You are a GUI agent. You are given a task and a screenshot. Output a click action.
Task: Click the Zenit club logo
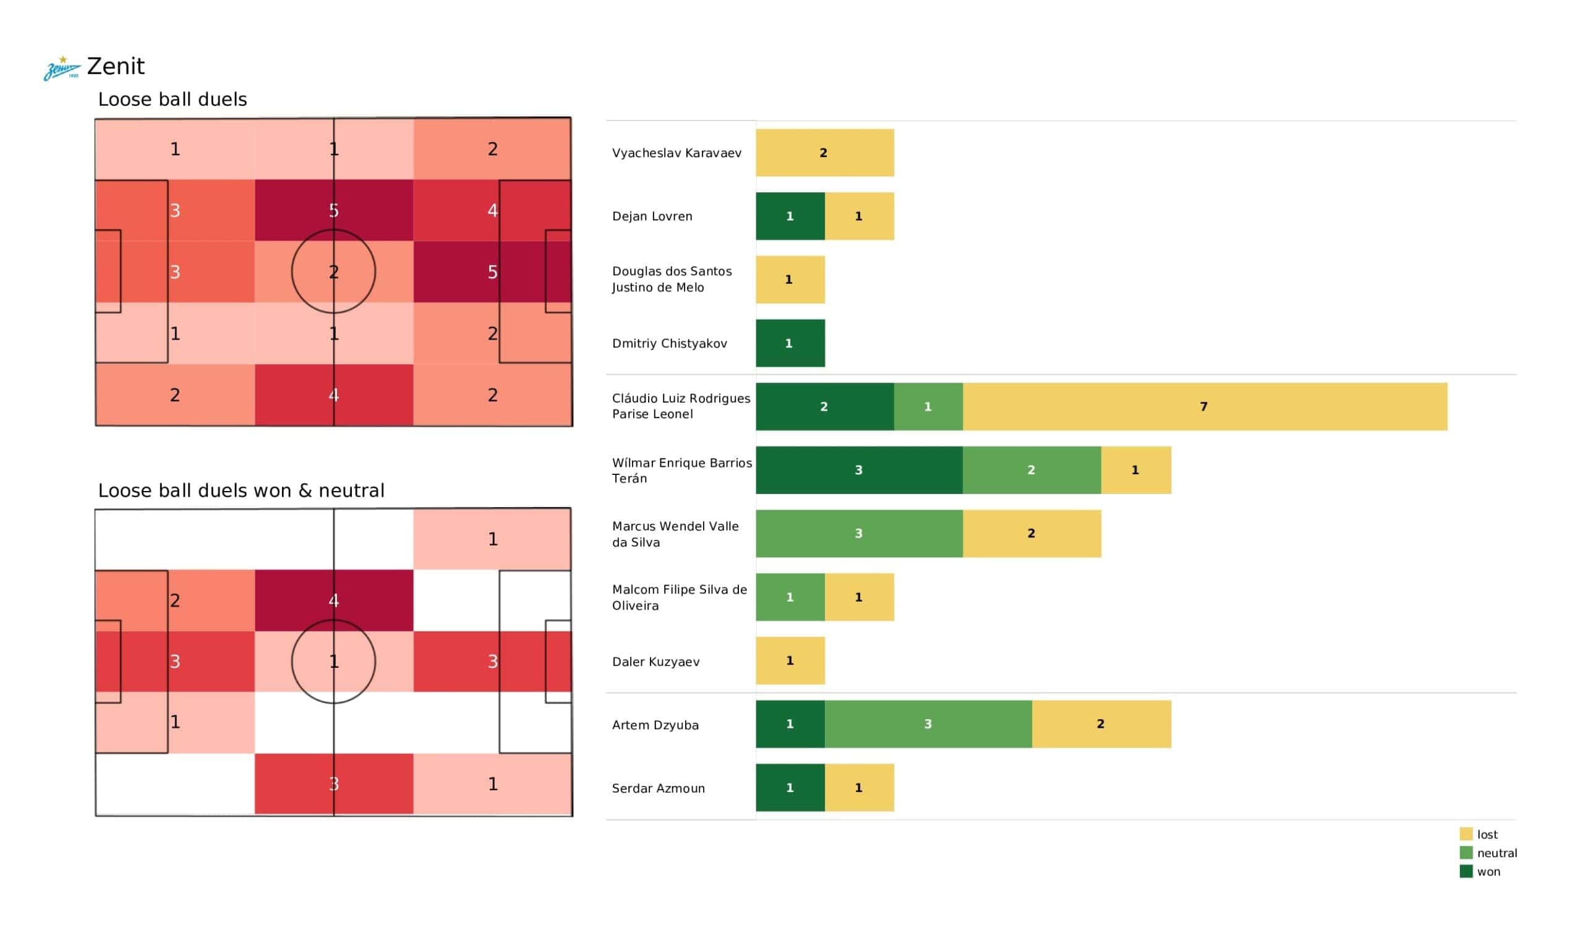[62, 69]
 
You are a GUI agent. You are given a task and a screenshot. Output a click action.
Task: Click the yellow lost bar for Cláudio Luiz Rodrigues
[1204, 406]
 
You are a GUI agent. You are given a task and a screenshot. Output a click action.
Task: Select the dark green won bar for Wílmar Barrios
[859, 470]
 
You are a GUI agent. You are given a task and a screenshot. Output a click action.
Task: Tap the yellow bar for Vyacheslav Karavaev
[824, 153]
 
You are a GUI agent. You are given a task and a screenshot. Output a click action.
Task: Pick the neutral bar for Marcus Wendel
[859, 534]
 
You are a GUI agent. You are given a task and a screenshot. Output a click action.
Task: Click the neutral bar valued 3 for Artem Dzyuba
[928, 724]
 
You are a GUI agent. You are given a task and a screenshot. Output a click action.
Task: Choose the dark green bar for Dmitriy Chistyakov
[790, 343]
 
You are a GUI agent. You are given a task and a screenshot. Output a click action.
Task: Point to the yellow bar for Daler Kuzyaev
[790, 660]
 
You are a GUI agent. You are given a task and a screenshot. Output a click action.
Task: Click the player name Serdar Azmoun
[658, 788]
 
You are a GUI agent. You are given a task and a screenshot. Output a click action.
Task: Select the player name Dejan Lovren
[652, 216]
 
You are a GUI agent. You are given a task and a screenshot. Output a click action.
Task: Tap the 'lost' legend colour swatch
[1466, 834]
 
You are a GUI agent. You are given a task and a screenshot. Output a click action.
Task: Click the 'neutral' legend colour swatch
[1466, 853]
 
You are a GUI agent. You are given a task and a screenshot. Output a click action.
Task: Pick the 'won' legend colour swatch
[1466, 871]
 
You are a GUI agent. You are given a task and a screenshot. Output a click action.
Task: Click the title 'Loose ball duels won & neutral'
[241, 490]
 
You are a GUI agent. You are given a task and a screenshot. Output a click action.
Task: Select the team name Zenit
[116, 67]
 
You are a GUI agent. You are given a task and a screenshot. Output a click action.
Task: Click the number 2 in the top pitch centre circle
[333, 271]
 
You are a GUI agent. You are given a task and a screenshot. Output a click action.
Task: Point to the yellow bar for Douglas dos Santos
[790, 279]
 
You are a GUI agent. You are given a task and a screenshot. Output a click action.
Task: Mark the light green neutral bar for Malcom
[790, 597]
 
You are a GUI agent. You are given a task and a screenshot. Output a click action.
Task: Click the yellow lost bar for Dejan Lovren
[859, 216]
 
